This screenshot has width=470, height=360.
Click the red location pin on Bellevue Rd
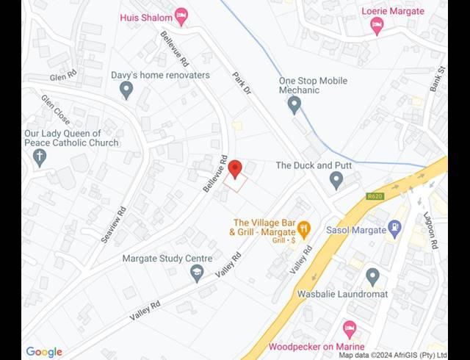[235, 169]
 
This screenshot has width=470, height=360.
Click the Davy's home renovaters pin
[126, 90]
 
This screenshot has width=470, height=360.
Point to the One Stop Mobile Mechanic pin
[294, 105]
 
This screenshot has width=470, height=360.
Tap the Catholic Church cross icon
[40, 156]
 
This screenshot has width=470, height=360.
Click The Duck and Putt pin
[336, 179]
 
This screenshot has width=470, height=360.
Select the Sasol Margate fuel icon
[396, 229]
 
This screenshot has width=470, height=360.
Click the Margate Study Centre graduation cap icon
[197, 273]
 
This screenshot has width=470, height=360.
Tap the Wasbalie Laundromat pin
[372, 276]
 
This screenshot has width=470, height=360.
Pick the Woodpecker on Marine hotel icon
[350, 328]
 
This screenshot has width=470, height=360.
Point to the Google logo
[44, 352]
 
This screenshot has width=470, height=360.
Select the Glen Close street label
[55, 109]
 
